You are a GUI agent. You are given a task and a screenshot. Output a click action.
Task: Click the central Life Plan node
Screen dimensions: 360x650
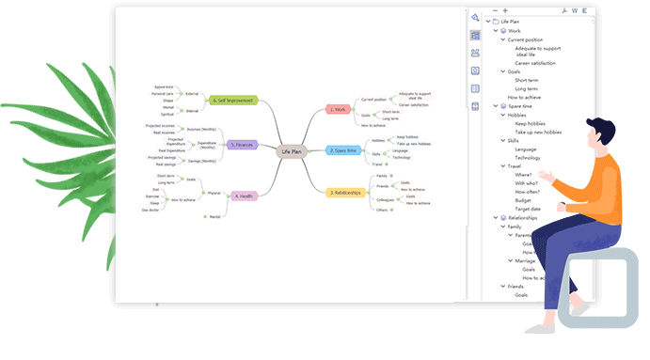click(292, 150)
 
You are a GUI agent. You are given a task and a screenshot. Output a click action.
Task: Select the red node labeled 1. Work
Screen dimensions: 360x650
click(338, 109)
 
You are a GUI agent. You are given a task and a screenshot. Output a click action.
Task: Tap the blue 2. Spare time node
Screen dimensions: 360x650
click(343, 150)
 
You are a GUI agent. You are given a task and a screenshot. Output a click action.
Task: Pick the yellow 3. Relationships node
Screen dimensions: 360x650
click(345, 193)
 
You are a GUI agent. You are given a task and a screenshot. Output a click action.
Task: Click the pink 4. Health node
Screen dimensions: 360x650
click(243, 196)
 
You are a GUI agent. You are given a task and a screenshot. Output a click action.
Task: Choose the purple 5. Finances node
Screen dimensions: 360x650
click(242, 145)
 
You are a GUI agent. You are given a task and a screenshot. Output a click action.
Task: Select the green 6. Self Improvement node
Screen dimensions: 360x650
click(233, 99)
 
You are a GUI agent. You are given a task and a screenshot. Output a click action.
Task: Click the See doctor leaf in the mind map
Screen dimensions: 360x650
click(151, 211)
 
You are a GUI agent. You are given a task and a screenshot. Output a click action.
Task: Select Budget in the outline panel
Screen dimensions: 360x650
click(523, 200)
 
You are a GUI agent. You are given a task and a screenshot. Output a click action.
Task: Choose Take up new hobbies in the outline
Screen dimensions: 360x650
click(538, 133)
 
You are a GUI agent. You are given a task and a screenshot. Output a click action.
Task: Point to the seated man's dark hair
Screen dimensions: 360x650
click(596, 126)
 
